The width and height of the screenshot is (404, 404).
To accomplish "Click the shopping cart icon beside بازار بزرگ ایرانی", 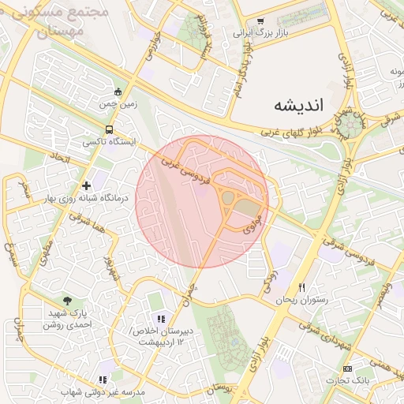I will coord(260,22).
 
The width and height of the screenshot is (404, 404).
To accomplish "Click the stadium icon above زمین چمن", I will coord(118,92).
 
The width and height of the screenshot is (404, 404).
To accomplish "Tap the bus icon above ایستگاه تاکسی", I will coord(109,130).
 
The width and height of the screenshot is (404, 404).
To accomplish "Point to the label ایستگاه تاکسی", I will coord(110,142).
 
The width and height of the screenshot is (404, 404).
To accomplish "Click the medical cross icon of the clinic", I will coord(86,185).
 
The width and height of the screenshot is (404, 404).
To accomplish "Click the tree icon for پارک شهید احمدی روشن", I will coord(67,301).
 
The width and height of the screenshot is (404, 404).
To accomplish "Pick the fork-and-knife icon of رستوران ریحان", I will coord(301,287).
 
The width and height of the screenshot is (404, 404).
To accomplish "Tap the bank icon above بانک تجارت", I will coord(348,369).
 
